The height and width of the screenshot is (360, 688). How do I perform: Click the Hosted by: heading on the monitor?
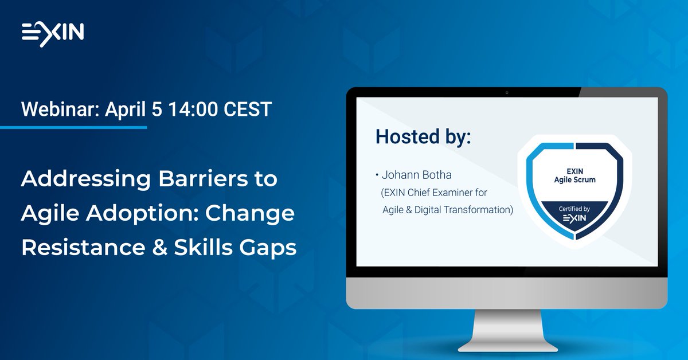[423, 137]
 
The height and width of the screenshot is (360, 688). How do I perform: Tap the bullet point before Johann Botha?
[377, 174]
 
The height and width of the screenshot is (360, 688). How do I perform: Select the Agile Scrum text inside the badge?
[574, 179]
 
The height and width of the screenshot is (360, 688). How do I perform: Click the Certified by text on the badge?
[574, 209]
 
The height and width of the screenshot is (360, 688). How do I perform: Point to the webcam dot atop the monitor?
[507, 92]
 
